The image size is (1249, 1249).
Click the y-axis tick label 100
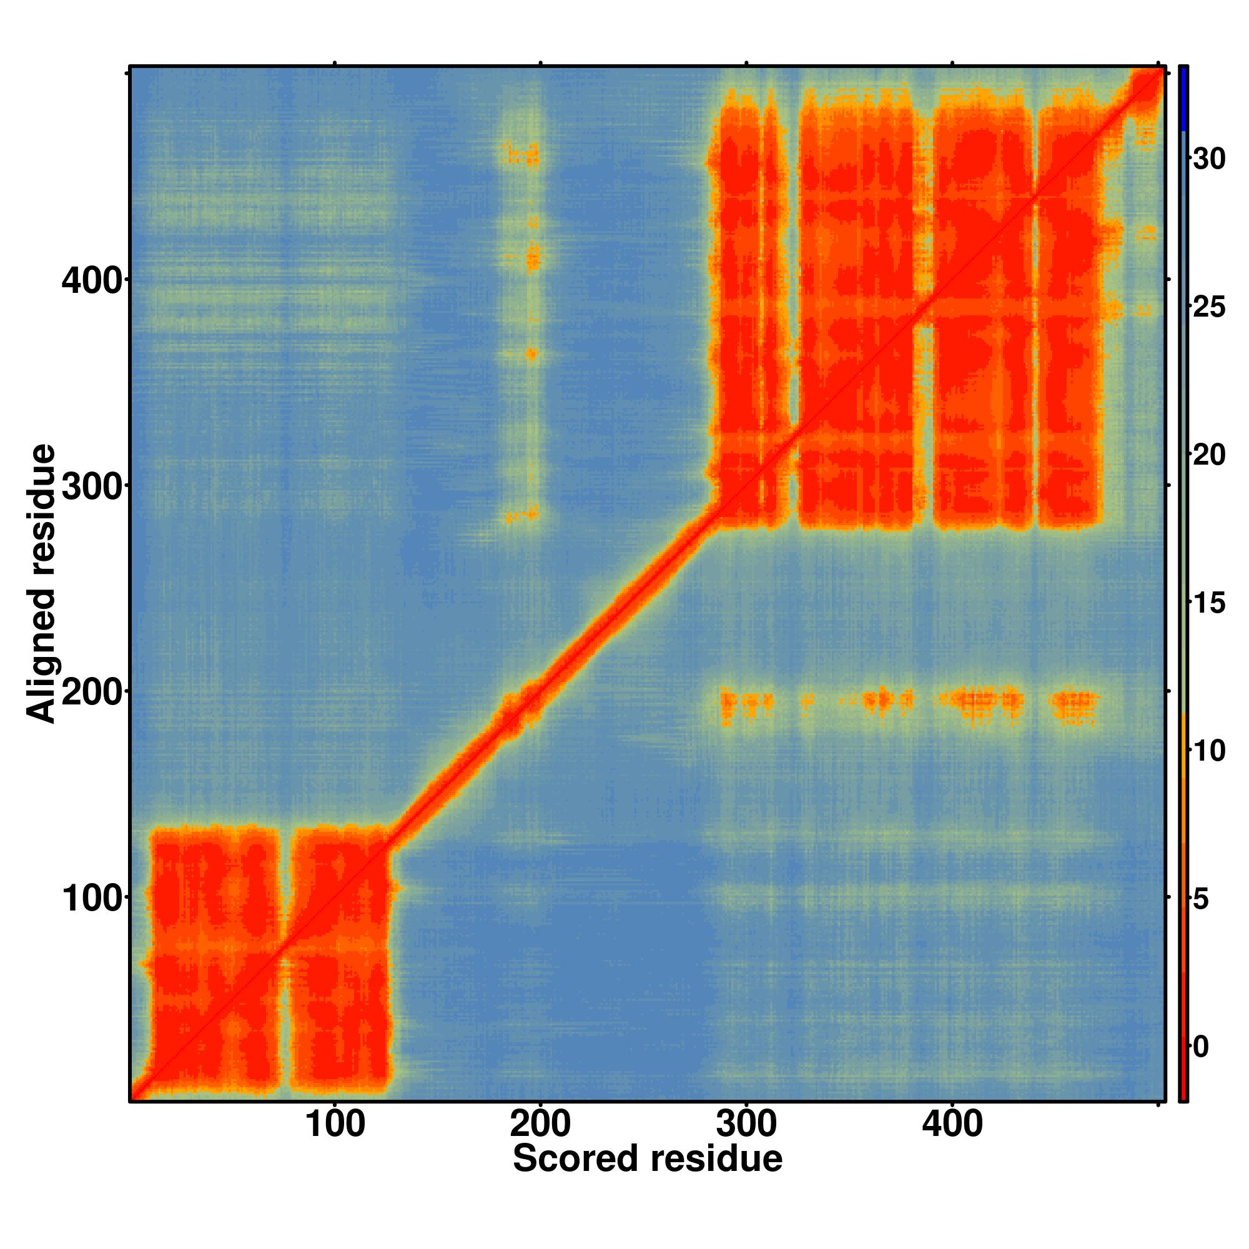[x=92, y=900]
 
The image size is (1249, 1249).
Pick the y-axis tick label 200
[x=92, y=694]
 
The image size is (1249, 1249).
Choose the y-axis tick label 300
[x=92, y=488]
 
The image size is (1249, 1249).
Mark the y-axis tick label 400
[x=92, y=282]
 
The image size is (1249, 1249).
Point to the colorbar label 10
[x=1208, y=751]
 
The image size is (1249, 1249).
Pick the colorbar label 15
[x=1208, y=603]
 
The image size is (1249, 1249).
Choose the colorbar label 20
[x=1208, y=456]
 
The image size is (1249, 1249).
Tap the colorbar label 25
[x=1208, y=308]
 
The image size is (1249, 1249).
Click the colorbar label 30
[x=1208, y=159]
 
